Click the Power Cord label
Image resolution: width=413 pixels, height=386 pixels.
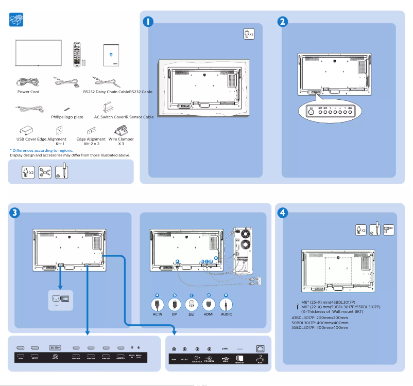[28, 92]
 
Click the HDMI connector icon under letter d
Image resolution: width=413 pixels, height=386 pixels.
[209, 304]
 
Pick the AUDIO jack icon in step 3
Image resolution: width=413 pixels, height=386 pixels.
[226, 304]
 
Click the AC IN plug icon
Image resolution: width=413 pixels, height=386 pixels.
[158, 304]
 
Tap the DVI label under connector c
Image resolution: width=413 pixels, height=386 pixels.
[192, 314]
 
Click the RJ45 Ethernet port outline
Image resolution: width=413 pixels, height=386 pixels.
[259, 348]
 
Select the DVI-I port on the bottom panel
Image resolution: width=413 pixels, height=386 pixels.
[55, 348]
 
